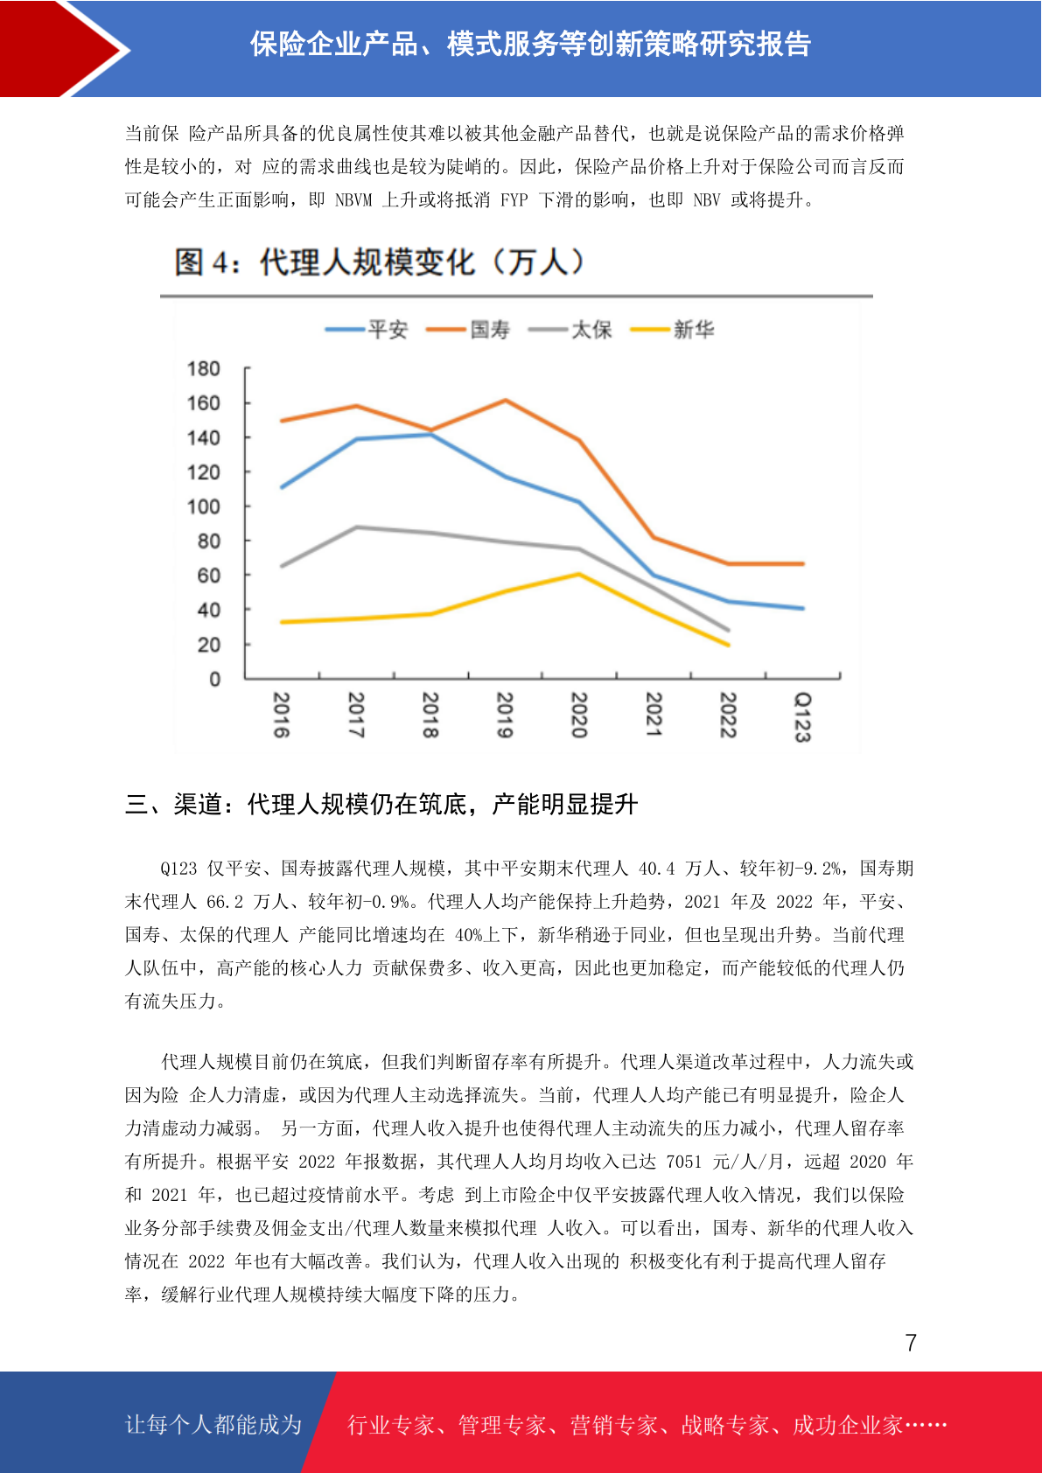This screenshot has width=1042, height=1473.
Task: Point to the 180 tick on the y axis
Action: click(x=203, y=369)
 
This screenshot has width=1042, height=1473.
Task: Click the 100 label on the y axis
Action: click(x=203, y=507)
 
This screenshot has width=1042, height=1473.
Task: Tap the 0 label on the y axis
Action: click(x=214, y=680)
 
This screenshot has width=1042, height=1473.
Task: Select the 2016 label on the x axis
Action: click(x=282, y=715)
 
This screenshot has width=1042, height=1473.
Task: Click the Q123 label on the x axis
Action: click(x=802, y=717)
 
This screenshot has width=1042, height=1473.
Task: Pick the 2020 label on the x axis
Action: click(x=579, y=715)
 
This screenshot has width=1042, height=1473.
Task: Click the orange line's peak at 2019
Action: click(x=505, y=400)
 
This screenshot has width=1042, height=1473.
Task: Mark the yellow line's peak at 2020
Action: click(x=579, y=574)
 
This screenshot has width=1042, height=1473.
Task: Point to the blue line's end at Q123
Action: click(x=802, y=608)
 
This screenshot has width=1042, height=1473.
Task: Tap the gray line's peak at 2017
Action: click(x=357, y=527)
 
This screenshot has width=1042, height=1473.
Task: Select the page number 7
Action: click(x=911, y=1343)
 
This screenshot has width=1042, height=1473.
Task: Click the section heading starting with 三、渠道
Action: click(x=381, y=804)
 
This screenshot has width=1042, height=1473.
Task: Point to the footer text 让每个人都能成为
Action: click(x=213, y=1424)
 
